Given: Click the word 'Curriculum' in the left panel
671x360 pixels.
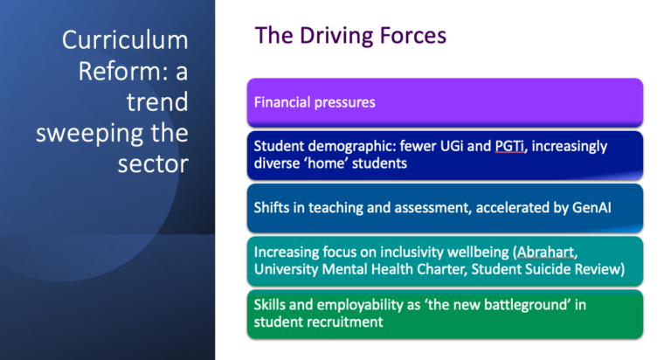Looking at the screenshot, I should tap(125, 40).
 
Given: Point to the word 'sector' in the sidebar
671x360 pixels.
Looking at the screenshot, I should tap(153, 164).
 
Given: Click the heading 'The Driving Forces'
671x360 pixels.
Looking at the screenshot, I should tap(350, 35).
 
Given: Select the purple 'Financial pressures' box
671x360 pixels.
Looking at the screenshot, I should tap(445, 102).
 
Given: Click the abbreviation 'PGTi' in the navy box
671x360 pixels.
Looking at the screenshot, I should tap(506, 145).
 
